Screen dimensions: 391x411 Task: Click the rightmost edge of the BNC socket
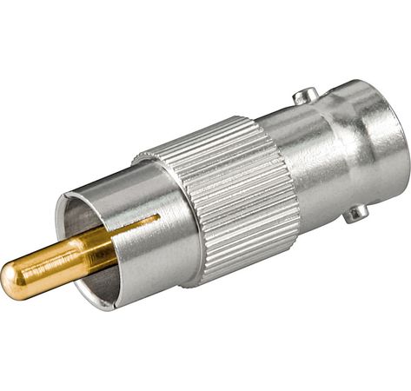click(407, 143)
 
